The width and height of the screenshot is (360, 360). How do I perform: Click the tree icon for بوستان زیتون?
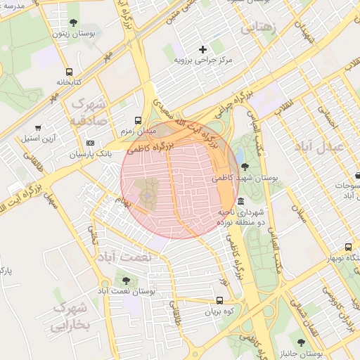tap(75, 23)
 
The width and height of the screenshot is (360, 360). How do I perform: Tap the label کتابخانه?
tap(70, 82)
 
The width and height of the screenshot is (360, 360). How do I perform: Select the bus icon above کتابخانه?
tap(69, 72)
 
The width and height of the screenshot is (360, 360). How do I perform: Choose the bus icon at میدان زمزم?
tap(137, 120)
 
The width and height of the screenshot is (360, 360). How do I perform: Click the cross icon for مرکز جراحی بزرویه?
tap(203, 49)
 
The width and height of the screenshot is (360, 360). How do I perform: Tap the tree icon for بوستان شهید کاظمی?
tap(244, 167)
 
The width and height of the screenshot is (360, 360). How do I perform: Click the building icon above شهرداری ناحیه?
tap(241, 201)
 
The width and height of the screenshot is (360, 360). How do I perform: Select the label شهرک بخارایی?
tap(72, 316)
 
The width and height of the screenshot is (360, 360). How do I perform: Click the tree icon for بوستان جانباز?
tap(302, 342)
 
